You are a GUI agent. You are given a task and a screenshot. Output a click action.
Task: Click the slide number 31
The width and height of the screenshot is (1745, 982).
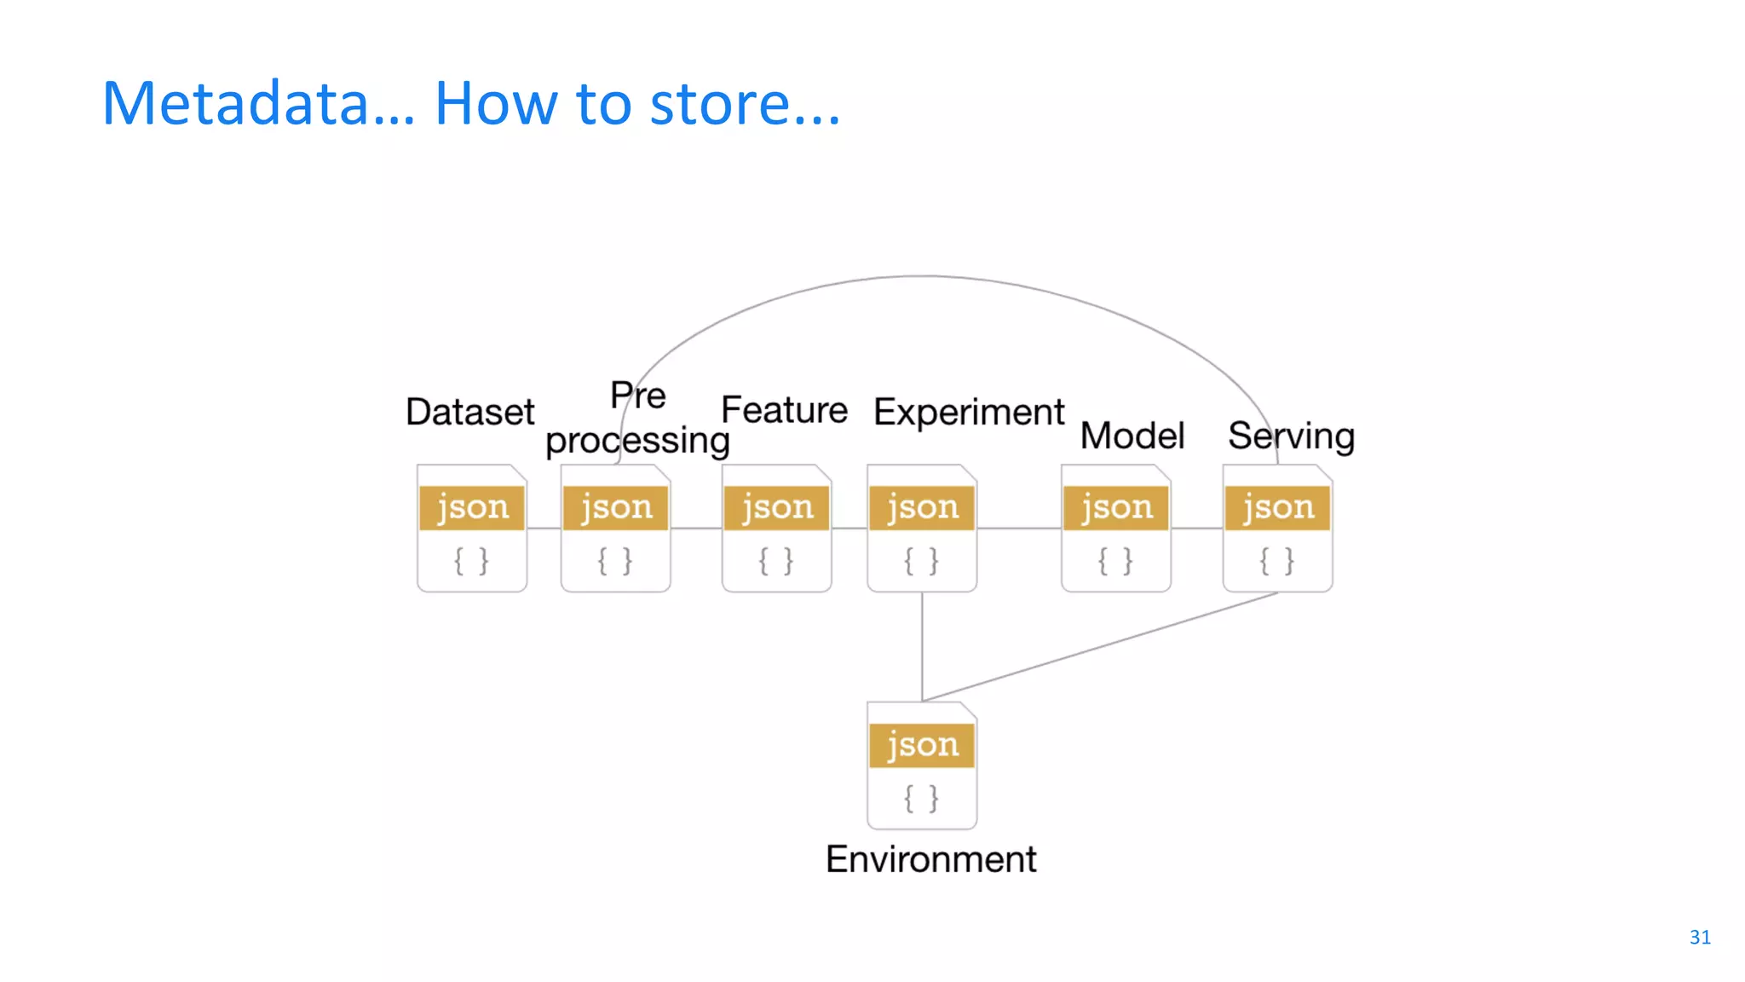pos(1699,937)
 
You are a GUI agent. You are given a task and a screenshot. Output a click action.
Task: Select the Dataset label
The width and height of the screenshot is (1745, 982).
pos(469,413)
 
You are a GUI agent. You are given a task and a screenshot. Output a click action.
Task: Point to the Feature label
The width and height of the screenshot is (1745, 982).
pos(784,410)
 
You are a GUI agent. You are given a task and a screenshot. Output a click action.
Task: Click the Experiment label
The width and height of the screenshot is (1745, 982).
pos(969,413)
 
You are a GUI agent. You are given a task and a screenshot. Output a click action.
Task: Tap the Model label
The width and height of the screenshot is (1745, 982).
pos(1132,436)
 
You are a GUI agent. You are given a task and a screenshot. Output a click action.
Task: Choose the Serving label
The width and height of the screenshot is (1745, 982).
pos(1291,436)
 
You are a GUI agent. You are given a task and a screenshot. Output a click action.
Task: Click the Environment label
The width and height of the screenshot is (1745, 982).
pos(930,859)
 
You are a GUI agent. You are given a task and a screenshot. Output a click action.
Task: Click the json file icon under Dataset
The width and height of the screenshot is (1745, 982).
pos(471,529)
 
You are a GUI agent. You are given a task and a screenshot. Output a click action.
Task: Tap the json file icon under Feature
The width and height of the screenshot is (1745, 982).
pos(776,529)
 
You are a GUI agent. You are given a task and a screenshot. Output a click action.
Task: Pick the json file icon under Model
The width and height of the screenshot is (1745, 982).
pos(1115,529)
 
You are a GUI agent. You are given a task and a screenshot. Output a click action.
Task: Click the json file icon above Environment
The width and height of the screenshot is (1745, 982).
pos(922,765)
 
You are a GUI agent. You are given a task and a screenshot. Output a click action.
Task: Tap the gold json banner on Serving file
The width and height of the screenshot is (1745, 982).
pos(1277,508)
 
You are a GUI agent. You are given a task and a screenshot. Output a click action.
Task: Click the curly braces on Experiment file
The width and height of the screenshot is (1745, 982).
pos(921,561)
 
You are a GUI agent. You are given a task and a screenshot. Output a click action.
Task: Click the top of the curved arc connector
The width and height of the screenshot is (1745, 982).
pos(924,276)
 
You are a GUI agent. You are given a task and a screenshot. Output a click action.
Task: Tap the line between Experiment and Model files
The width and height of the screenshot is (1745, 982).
pos(1019,529)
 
